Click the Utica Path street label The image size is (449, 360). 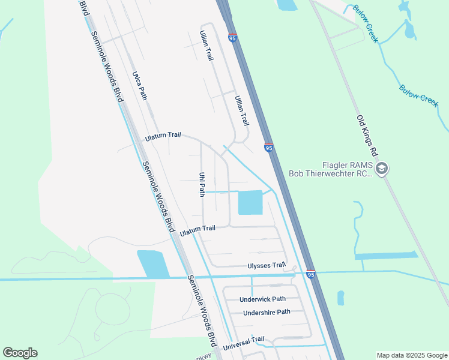click(x=140, y=85)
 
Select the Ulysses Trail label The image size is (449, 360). click(x=266, y=265)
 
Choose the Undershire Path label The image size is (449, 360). click(x=267, y=312)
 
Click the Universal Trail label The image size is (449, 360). click(x=243, y=343)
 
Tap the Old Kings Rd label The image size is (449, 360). click(x=365, y=137)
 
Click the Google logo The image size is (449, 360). click(x=20, y=353)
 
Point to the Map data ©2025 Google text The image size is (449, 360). click(x=412, y=355)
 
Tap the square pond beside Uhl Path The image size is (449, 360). click(x=250, y=202)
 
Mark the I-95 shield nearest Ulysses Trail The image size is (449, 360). click(x=310, y=274)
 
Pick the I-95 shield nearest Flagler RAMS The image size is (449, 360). click(x=268, y=148)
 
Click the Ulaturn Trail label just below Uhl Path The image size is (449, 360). click(x=197, y=229)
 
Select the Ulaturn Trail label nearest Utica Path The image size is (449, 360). click(x=163, y=137)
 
